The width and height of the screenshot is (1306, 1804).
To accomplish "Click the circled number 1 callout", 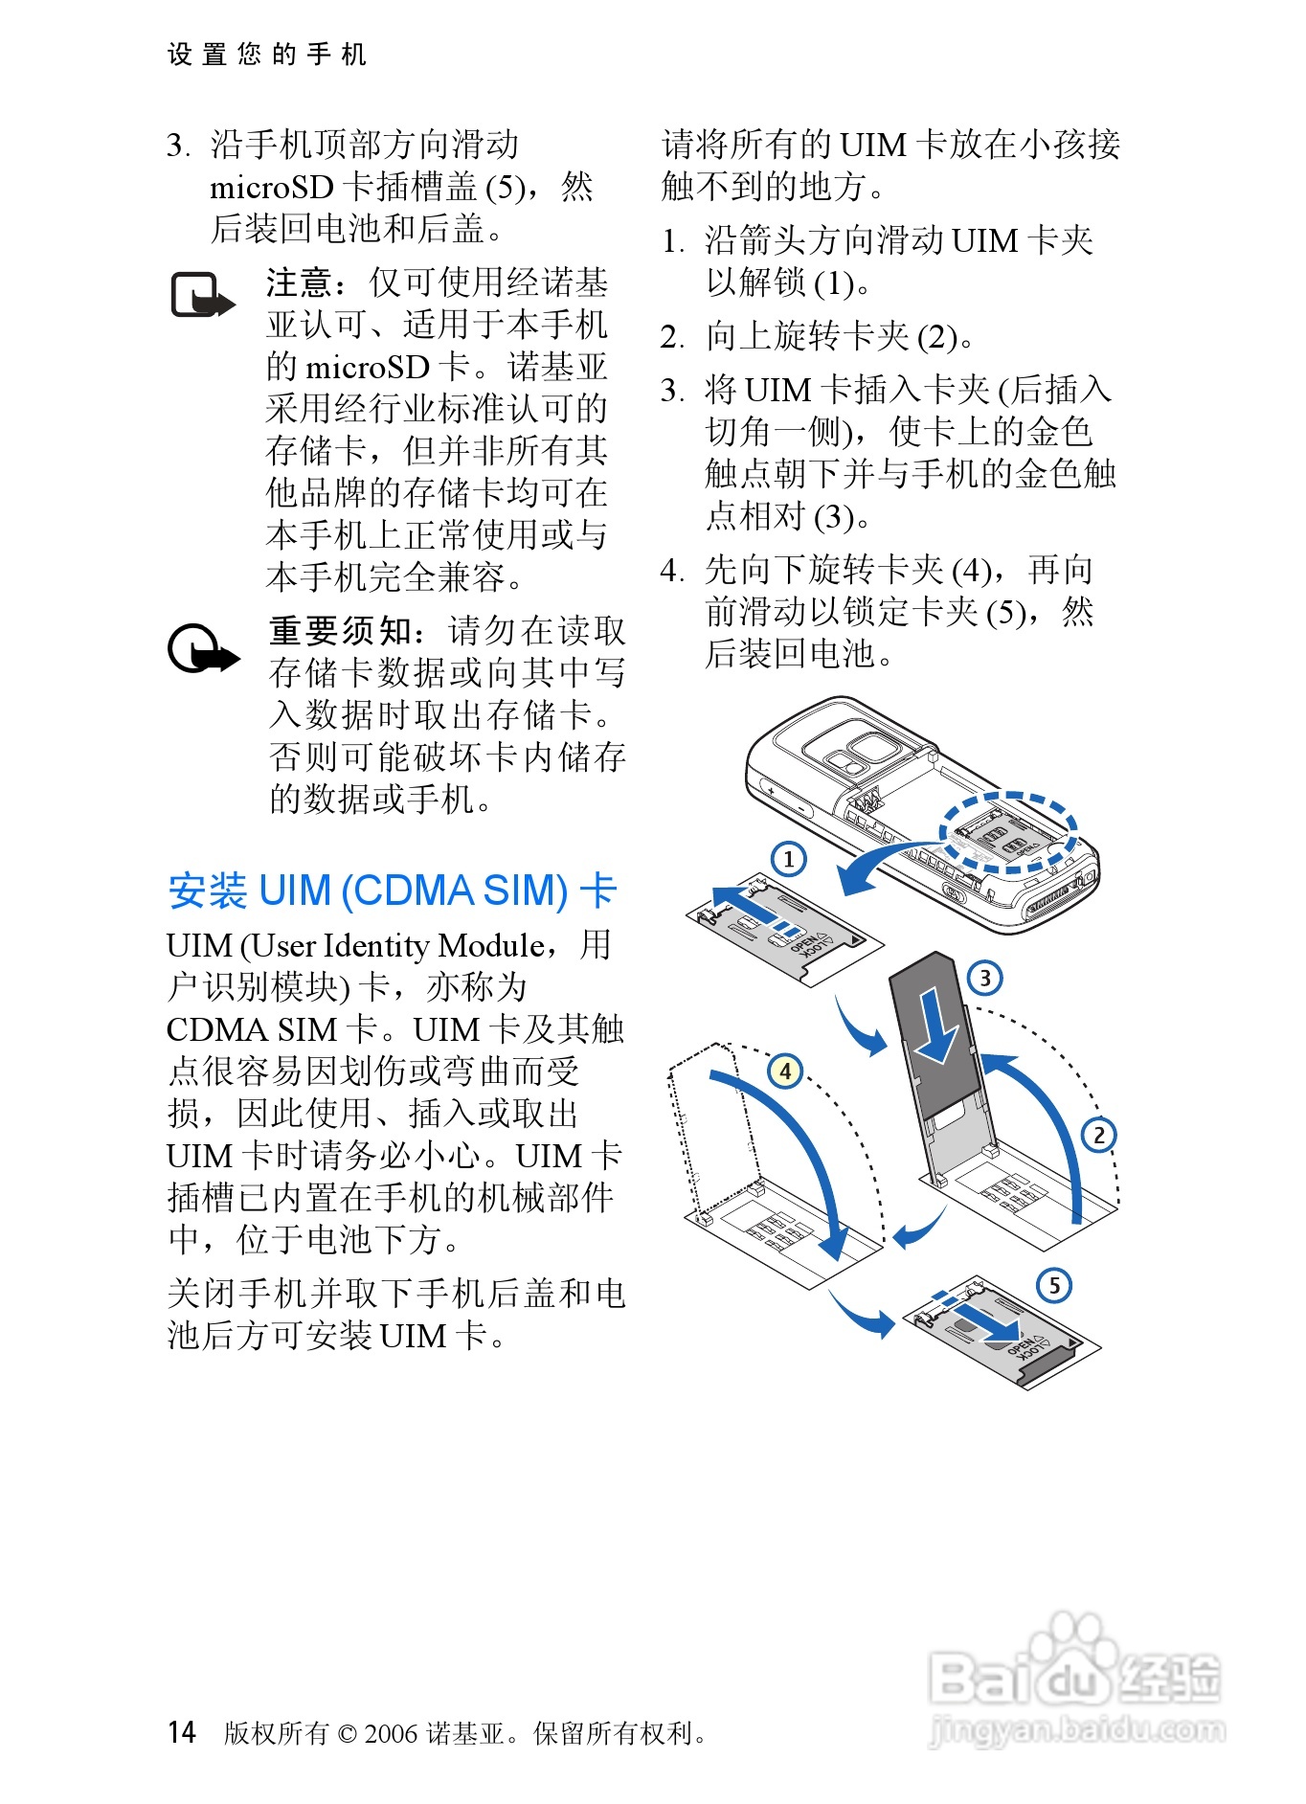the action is pos(788,858).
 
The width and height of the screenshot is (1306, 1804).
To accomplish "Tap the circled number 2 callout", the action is pos(1099,1135).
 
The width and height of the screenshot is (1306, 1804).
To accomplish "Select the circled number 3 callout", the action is pos(984,978).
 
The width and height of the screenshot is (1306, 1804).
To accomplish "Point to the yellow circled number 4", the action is pos(785,1071).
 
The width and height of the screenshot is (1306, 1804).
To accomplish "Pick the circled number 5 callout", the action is pos(1054,1284).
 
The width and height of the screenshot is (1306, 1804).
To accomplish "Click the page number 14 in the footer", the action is pos(182,1731).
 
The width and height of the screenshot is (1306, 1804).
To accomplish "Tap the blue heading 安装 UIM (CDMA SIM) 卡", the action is pos(393,891).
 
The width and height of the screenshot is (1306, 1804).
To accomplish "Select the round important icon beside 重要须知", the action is pos(203,649).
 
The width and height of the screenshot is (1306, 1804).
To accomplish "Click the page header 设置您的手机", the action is pos(267,55).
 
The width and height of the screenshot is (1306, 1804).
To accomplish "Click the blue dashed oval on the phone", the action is pos(1008,831).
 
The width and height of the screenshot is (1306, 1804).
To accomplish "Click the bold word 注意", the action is pos(300,282).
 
